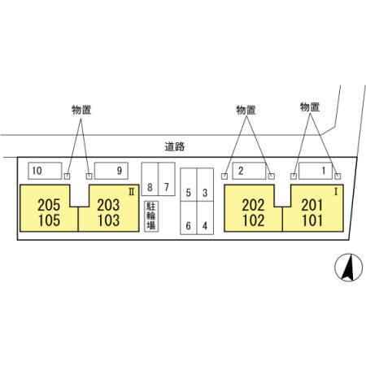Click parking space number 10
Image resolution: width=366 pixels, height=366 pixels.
point(45,171)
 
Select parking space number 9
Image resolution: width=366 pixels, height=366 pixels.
point(111,171)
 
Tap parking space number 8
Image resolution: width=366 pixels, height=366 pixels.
point(150,179)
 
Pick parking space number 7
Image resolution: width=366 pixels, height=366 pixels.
point(167,179)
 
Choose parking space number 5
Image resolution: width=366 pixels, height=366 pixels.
point(189,185)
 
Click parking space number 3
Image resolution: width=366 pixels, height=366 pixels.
point(205,185)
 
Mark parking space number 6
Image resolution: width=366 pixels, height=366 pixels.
point(189,218)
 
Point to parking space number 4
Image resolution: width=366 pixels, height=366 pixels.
point(205,218)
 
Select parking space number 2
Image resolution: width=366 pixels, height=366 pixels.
point(249,171)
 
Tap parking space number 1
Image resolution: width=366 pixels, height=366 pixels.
point(316,171)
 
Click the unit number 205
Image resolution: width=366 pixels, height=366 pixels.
point(49,205)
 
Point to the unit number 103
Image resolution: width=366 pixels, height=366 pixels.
point(108,220)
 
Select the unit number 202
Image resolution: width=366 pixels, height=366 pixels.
point(253,205)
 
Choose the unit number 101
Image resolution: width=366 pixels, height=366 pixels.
point(312,220)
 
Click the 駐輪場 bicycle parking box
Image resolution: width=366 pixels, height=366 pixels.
point(151,216)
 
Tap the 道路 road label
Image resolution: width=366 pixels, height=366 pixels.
point(175,146)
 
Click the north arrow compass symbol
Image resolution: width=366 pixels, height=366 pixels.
point(349,268)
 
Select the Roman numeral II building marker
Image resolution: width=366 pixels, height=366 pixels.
point(132,192)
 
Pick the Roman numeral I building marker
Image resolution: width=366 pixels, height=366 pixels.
point(336,192)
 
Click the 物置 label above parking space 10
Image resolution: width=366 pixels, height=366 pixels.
point(81,110)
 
